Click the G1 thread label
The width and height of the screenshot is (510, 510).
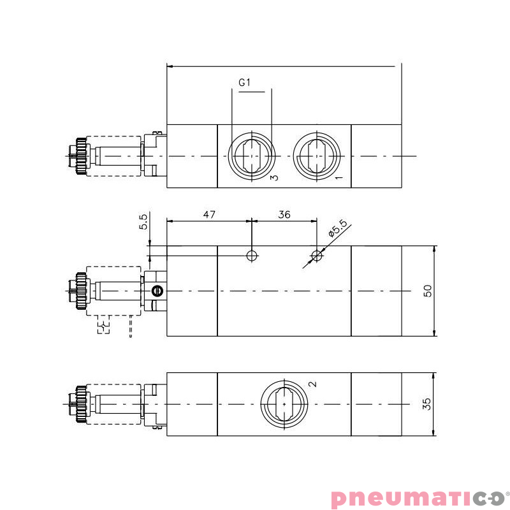pyautogui.click(x=246, y=83)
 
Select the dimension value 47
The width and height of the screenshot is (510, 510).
pyautogui.click(x=208, y=215)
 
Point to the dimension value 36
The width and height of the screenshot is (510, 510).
pyautogui.click(x=284, y=215)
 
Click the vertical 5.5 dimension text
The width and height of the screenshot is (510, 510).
pyautogui.click(x=143, y=222)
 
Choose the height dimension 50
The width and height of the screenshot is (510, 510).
pyautogui.click(x=428, y=291)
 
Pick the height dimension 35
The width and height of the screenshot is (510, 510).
pyautogui.click(x=428, y=404)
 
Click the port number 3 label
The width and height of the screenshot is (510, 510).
pyautogui.click(x=273, y=177)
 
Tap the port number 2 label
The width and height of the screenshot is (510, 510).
pyautogui.click(x=312, y=384)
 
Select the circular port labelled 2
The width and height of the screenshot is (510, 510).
pyautogui.click(x=284, y=404)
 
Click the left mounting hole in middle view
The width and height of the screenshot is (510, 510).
pyautogui.click(x=252, y=256)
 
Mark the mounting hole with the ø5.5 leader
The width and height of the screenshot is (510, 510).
pyautogui.click(x=317, y=256)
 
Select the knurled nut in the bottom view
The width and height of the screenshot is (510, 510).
pyautogui.click(x=80, y=404)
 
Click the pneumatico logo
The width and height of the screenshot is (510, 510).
pyautogui.click(x=417, y=497)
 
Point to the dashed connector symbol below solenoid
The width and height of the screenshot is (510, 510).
pyautogui.click(x=104, y=328)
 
